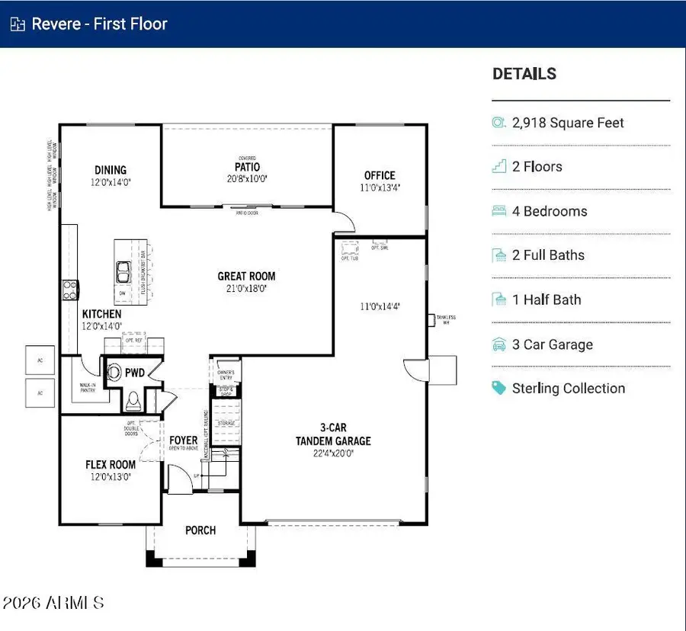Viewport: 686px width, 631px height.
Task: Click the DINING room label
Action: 111,170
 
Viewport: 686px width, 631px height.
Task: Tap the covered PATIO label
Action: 247,167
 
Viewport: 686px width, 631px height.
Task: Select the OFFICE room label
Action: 380,175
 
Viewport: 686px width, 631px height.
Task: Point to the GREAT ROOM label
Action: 246,276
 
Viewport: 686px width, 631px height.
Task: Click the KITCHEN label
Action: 101,314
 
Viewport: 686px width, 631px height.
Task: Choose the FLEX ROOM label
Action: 111,464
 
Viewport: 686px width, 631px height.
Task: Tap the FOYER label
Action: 184,440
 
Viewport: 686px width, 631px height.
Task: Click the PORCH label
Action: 200,530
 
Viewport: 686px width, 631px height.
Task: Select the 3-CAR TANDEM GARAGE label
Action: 333,434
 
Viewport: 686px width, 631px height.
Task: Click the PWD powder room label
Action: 135,373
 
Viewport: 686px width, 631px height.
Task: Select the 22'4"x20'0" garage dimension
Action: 333,453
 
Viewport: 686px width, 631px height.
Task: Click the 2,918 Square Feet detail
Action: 568,123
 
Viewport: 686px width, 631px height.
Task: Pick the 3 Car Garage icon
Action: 499,344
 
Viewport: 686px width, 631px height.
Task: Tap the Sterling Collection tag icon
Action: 499,388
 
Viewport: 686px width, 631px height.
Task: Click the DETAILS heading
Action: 524,74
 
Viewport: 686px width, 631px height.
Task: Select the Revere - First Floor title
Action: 99,24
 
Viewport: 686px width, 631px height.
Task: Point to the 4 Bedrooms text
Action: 550,211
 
